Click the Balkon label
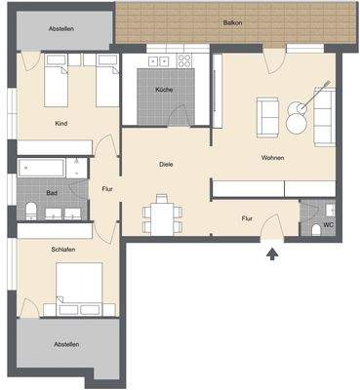point(232,22)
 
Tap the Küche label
point(163,90)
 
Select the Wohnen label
point(272,157)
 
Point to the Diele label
point(166,165)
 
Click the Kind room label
point(61,123)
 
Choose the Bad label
point(52,193)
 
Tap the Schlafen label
point(64,250)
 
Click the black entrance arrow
point(272,254)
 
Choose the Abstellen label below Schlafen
point(66,344)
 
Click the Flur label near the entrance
point(248,218)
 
